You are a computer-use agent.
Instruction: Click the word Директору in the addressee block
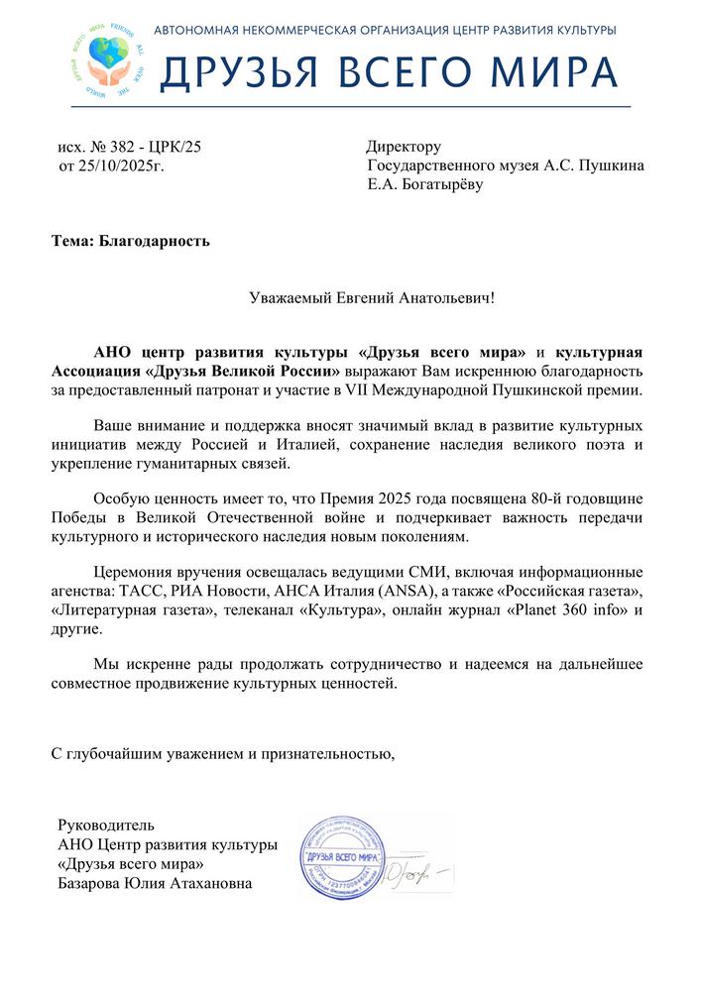pyautogui.click(x=404, y=148)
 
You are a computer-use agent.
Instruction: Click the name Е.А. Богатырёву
pyautogui.click(x=424, y=184)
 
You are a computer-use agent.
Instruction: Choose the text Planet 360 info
pyautogui.click(x=566, y=609)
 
